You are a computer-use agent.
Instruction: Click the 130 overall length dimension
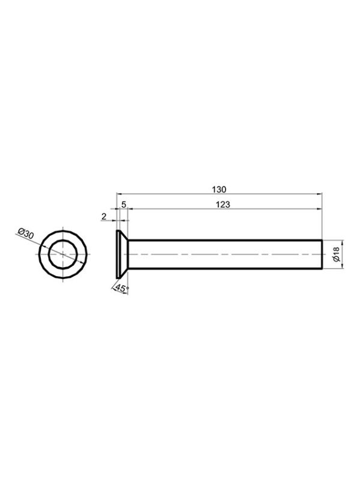pos(219,190)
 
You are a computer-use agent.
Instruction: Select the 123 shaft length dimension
pos(223,205)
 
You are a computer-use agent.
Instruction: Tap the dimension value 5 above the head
pos(124,205)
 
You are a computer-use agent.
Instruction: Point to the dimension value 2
pos(104,217)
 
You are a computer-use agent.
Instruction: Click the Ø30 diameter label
pos(25,233)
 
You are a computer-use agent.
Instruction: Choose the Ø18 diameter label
pos(337,255)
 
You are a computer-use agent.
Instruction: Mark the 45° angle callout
pos(122,289)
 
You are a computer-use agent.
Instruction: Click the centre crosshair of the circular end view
pos(63,255)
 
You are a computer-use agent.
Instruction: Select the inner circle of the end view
pos(63,241)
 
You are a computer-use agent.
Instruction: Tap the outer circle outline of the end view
pos(63,230)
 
